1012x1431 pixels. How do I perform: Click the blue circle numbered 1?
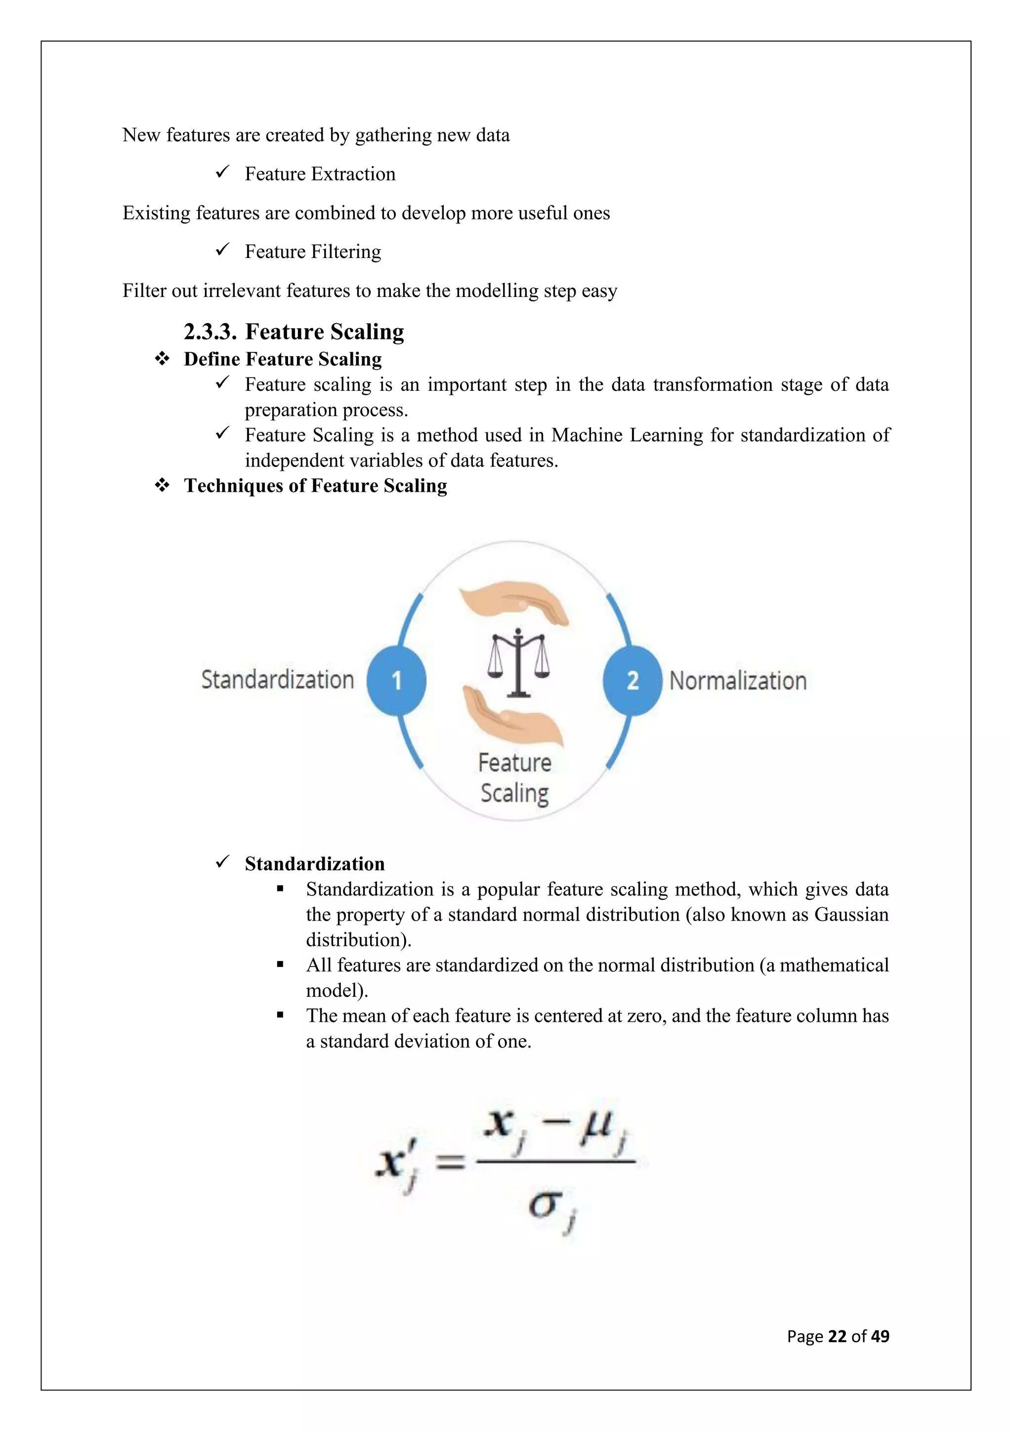pos(396,680)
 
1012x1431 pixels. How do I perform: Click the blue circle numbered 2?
pos(632,680)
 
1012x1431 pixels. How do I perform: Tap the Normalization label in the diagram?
pos(738,680)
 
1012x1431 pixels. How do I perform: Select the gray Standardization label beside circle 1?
pos(277,679)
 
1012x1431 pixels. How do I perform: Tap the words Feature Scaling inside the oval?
pos(515,778)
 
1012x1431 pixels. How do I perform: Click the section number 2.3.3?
pos(210,332)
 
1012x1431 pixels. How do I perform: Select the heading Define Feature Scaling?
pos(283,359)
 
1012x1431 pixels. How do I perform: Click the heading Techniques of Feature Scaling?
pos(315,486)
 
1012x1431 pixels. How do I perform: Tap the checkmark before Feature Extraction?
pos(222,172)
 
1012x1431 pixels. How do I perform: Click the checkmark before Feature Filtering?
pos(222,250)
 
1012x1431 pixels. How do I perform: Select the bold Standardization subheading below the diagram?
pos(315,864)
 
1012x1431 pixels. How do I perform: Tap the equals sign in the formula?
pos(449,1162)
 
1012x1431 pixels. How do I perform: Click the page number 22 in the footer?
pos(837,1336)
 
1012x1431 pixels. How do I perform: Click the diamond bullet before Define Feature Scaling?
pos(162,359)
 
